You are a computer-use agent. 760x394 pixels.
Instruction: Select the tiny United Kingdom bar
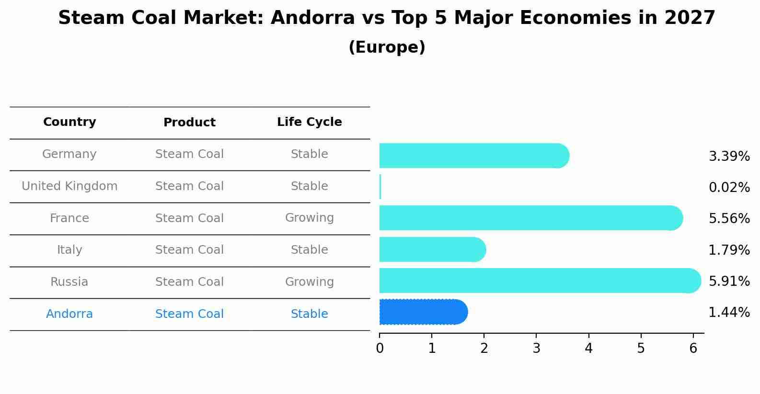[380, 187]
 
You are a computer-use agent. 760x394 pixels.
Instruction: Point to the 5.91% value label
[729, 281]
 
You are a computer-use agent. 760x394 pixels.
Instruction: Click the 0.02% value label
[729, 187]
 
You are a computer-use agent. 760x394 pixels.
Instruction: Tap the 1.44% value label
[729, 313]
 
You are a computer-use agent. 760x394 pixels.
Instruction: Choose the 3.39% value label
[729, 156]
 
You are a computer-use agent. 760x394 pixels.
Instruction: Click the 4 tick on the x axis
[588, 349]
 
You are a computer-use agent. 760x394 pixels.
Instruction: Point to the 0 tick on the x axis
[380, 349]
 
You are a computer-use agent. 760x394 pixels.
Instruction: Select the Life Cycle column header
[309, 122]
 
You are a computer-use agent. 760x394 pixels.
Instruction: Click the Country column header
[69, 122]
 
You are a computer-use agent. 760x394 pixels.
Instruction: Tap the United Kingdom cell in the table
[69, 186]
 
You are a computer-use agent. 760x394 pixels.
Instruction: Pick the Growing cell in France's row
[309, 218]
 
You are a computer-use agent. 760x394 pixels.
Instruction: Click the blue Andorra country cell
[69, 314]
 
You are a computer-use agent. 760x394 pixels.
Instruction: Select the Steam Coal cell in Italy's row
[189, 250]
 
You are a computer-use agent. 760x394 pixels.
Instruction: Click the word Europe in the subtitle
[387, 47]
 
